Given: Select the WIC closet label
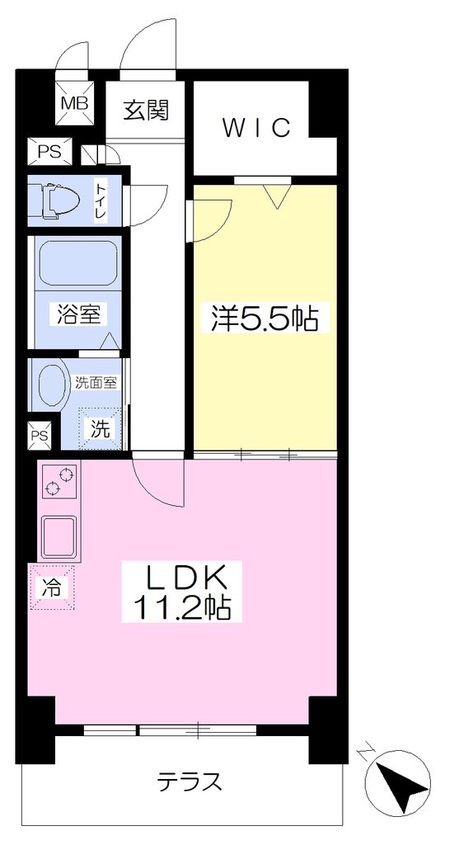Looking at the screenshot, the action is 257,128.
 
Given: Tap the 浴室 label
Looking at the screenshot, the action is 78,314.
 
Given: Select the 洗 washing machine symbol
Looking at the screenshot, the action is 100,429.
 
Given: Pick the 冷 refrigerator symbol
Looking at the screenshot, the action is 52,588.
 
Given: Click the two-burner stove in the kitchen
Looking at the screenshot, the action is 59,481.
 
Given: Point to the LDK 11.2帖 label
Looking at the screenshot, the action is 182,592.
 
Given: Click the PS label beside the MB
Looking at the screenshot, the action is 49,152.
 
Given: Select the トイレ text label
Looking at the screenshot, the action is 101,201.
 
